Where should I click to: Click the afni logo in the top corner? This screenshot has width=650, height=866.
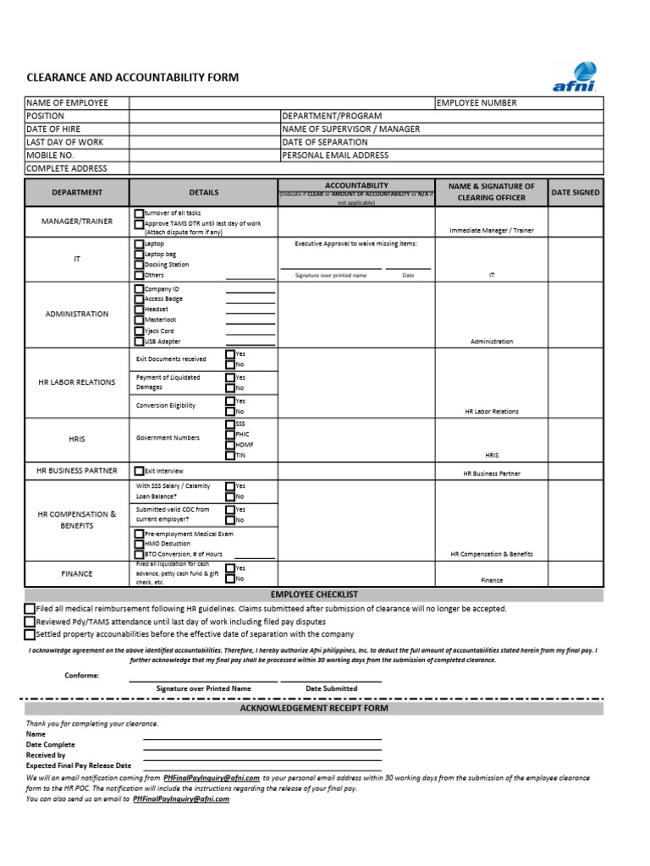click(575, 75)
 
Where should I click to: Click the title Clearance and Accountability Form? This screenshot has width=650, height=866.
click(133, 78)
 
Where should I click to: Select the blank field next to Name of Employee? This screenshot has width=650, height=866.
click(281, 103)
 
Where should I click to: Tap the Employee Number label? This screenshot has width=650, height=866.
click(476, 103)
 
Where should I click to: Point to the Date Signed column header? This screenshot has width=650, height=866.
click(576, 193)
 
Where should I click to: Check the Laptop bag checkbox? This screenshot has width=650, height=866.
click(139, 255)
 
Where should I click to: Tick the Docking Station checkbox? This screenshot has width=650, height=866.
click(139, 265)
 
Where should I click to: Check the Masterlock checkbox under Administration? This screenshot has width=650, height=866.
click(139, 321)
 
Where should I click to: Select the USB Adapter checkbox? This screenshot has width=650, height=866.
click(139, 342)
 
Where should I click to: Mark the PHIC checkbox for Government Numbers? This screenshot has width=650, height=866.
click(230, 434)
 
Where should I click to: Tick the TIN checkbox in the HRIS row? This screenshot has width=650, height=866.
click(230, 455)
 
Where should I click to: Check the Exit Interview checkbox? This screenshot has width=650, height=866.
click(139, 471)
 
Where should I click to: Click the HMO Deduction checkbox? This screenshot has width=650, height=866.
click(139, 544)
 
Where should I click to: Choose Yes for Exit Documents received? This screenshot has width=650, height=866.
click(230, 354)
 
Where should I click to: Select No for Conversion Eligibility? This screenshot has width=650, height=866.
click(230, 411)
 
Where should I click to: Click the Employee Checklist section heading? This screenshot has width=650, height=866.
click(314, 595)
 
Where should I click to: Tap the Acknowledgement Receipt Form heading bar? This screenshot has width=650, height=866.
click(314, 709)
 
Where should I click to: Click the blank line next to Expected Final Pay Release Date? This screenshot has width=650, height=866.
click(262, 765)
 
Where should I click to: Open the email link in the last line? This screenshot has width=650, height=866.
click(181, 798)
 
